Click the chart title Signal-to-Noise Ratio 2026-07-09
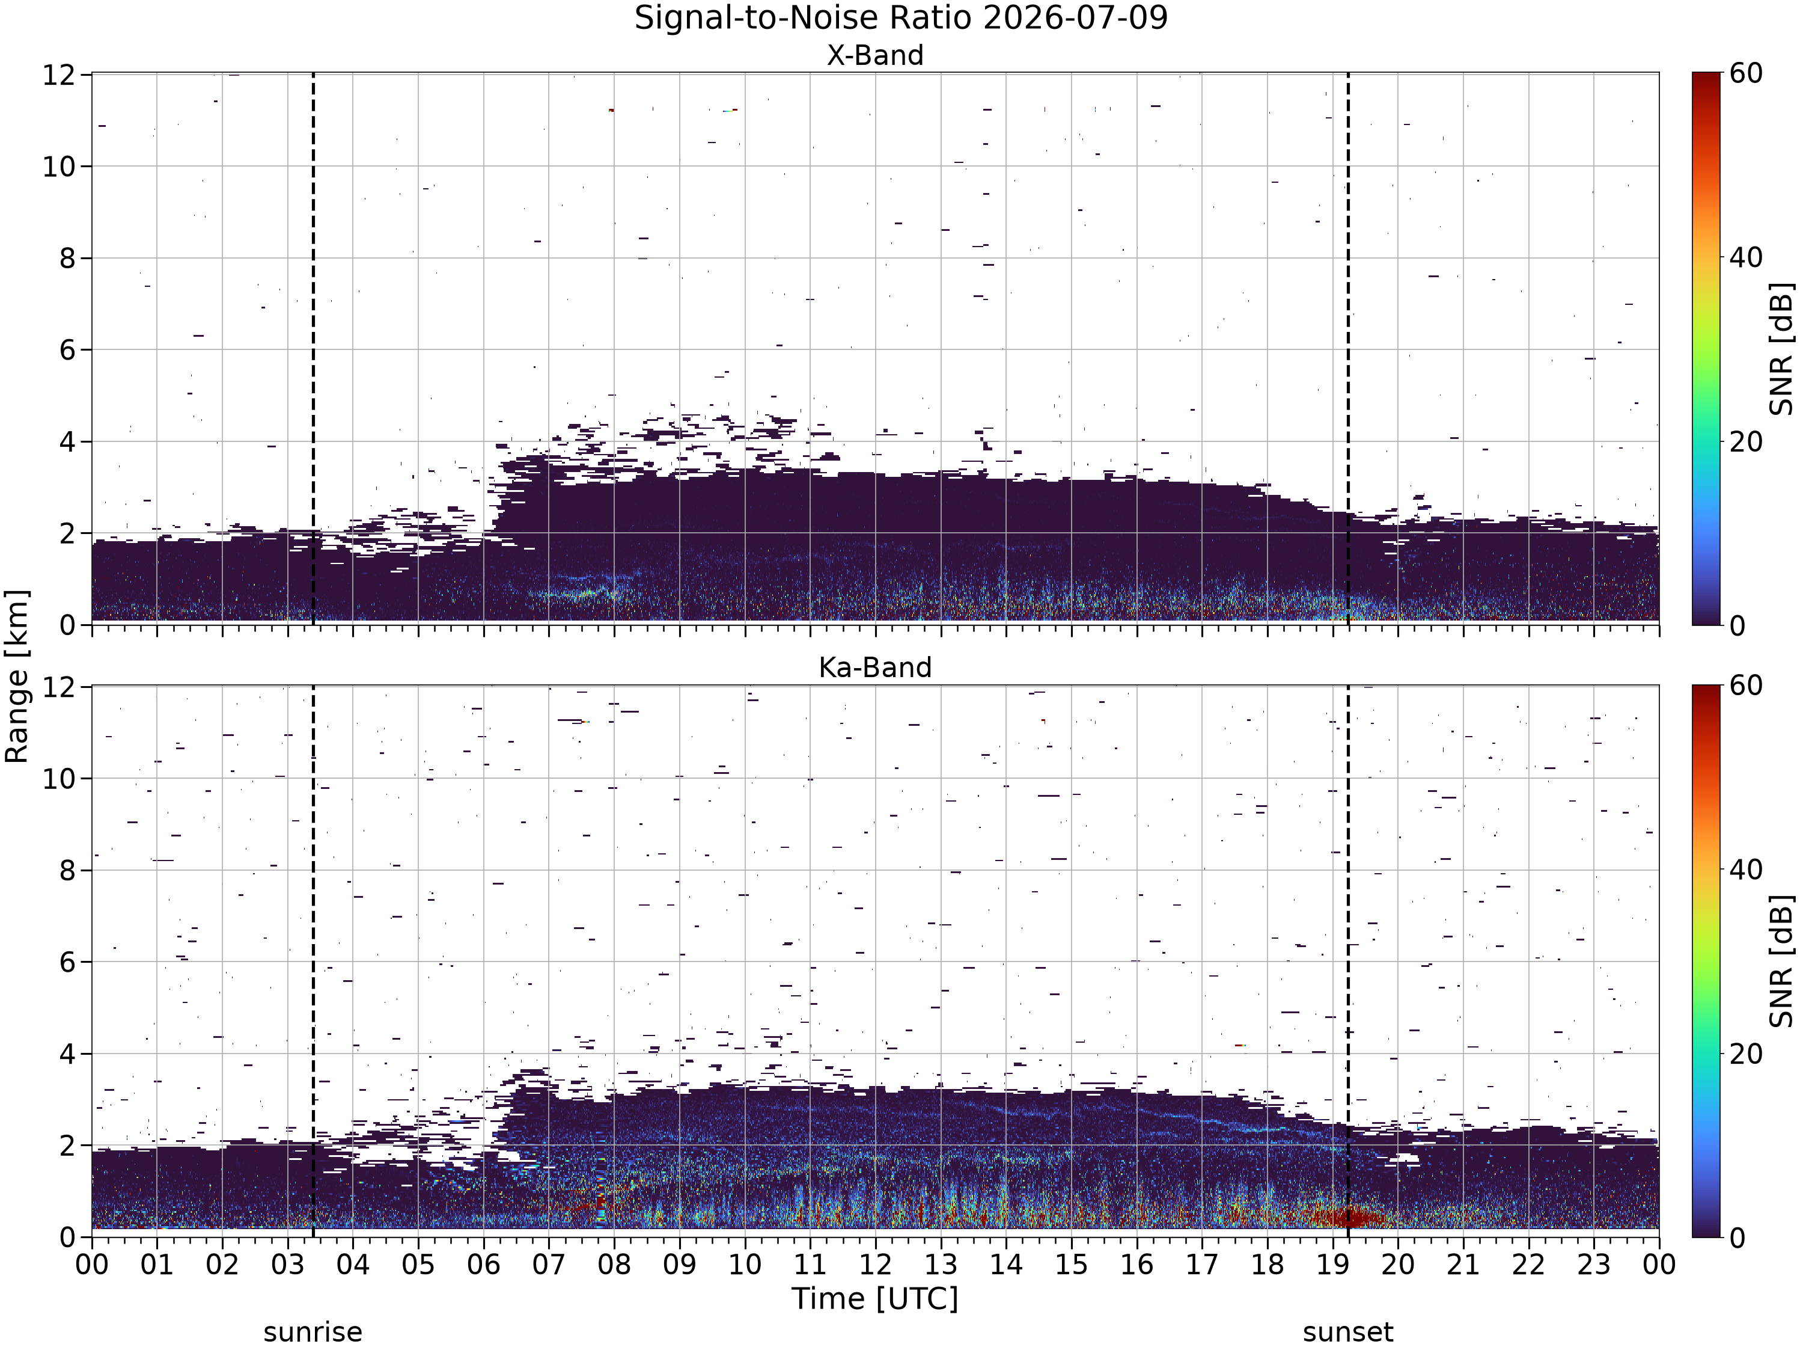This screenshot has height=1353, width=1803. [x=901, y=18]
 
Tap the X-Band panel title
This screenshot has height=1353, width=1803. [x=876, y=55]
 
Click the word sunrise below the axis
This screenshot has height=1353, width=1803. [x=313, y=1332]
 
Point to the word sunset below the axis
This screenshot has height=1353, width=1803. [x=1348, y=1332]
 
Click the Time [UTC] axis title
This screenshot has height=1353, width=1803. [x=876, y=1298]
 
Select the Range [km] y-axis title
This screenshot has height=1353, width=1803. [x=16, y=676]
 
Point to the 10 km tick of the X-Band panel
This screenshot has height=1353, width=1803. [x=59, y=167]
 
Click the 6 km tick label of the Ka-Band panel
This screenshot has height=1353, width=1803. [x=68, y=962]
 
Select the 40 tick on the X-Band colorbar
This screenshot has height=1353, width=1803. [x=1746, y=258]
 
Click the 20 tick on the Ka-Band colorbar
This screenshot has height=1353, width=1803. [x=1746, y=1054]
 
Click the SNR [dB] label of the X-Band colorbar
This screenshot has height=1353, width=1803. [x=1782, y=349]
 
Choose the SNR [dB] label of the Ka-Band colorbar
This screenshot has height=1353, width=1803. [x=1782, y=962]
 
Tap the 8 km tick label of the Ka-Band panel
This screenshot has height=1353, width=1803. [x=68, y=870]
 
